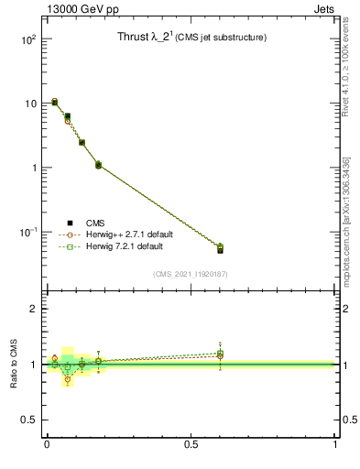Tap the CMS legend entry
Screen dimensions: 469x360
coord(94,222)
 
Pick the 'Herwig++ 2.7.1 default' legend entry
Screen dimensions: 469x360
coord(128,234)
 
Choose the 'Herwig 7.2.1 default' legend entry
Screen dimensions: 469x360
coord(125,247)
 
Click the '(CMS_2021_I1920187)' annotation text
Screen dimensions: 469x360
coord(191,274)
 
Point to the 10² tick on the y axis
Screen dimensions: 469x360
coord(27,39)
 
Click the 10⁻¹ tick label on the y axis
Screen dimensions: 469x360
coord(27,233)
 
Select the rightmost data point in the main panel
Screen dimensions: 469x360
coord(220,248)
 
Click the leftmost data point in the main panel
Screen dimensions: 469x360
coord(55,102)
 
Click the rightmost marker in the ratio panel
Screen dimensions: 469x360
coord(220,354)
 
